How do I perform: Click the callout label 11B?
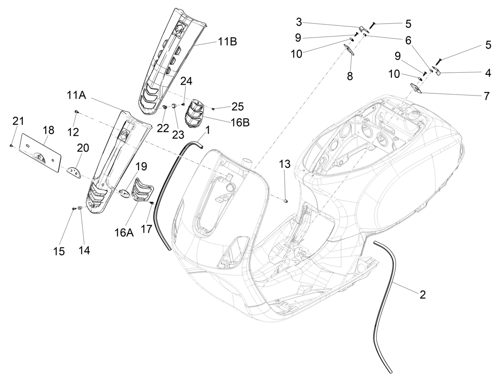pyautogui.click(x=227, y=42)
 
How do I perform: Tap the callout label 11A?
pyautogui.click(x=76, y=95)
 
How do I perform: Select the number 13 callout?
pyautogui.click(x=285, y=164)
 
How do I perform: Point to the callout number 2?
pyautogui.click(x=423, y=295)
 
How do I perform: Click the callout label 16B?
pyautogui.click(x=240, y=122)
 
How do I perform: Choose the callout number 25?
pyautogui.click(x=238, y=107)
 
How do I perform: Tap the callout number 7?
pyautogui.click(x=486, y=96)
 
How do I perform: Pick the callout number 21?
pyautogui.click(x=18, y=121)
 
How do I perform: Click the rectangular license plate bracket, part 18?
pyautogui.click(x=41, y=153)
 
